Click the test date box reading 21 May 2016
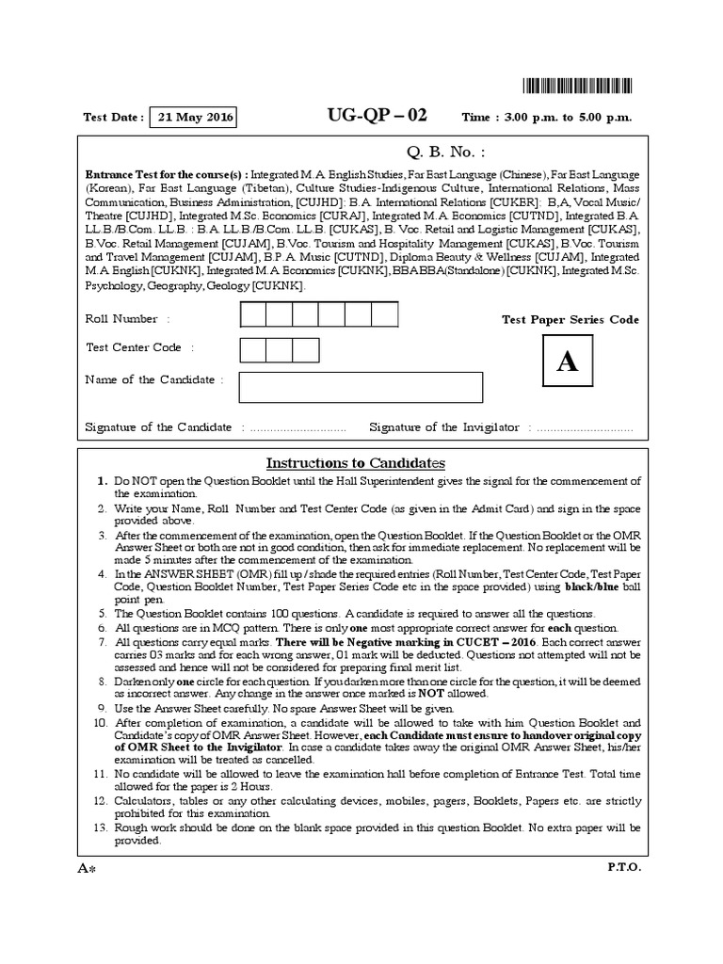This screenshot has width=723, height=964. [192, 118]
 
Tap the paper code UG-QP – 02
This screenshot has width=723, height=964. [377, 116]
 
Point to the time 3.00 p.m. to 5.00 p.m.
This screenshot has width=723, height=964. [546, 118]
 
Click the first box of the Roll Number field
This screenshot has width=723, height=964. [253, 313]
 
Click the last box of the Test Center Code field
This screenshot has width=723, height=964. [306, 349]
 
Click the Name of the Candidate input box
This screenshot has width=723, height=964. [361, 387]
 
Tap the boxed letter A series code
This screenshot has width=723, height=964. [567, 363]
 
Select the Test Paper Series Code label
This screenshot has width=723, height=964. [570, 320]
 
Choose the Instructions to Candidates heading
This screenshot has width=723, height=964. [355, 463]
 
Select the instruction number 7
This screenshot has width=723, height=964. [104, 640]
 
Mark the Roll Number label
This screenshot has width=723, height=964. [121, 319]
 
